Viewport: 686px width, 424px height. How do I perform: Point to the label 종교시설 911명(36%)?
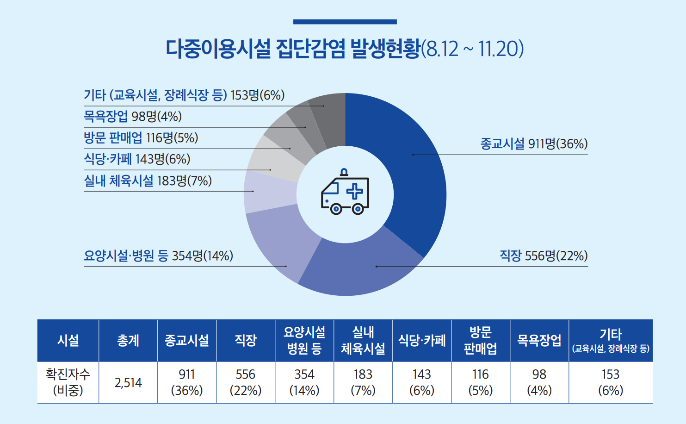(534, 144)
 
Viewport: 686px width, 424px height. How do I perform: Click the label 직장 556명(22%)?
(544, 256)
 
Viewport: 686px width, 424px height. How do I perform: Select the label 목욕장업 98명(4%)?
(133, 116)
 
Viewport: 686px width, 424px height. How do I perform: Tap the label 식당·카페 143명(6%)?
(137, 159)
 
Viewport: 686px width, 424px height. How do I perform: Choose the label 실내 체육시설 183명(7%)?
(148, 181)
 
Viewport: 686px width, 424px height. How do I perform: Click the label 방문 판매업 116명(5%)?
(141, 138)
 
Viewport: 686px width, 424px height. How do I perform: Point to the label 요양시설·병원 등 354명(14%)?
(158, 256)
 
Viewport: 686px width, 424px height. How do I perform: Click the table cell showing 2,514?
(128, 383)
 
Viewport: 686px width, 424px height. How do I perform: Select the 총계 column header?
(128, 341)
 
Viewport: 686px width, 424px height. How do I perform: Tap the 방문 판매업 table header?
(480, 340)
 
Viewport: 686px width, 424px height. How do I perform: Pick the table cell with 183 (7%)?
(363, 382)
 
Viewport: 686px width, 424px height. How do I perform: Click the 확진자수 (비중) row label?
(68, 382)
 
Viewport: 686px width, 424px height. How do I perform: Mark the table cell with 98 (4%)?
(539, 382)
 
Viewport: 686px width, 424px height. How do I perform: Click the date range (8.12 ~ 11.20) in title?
(473, 49)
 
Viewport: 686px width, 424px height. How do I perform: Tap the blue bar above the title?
(345, 22)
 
